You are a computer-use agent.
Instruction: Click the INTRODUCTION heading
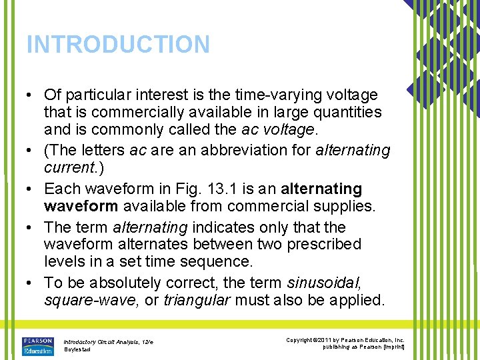pos(118,45)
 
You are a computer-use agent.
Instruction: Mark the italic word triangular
pos(196,300)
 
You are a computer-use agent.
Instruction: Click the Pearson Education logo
pos(38,345)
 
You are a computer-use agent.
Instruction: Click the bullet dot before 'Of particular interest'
pos(31,95)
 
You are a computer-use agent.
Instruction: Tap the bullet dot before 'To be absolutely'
pos(31,283)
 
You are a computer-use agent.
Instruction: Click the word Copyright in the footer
pos(299,340)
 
